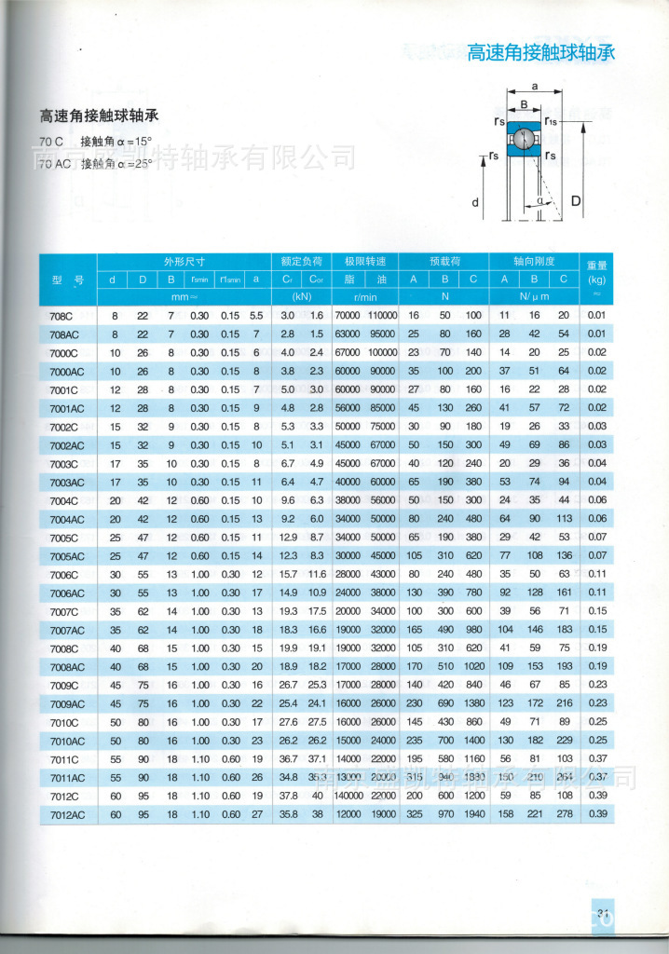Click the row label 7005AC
67,556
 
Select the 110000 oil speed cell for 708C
382,316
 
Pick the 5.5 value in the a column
256,316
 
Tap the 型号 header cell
68,279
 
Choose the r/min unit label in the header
371,297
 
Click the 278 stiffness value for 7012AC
563,814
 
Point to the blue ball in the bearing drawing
526,140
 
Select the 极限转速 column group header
371,261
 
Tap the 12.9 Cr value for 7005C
288,538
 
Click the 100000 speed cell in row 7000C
382,353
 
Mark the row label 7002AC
67,445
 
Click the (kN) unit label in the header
302,297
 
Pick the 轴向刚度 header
533,261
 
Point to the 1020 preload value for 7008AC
473,666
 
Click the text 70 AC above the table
56,164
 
